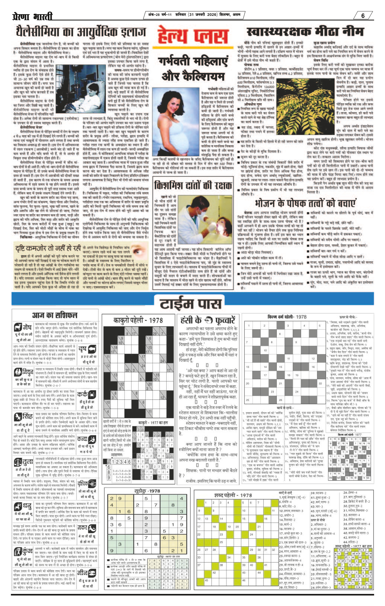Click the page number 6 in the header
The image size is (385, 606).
click(x=363, y=16)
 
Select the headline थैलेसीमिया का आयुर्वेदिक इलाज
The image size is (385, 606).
click(x=81, y=32)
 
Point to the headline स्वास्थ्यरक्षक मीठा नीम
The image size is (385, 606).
click(x=305, y=32)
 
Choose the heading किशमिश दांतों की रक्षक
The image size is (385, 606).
click(x=193, y=185)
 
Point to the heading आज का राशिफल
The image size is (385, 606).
click(x=55, y=315)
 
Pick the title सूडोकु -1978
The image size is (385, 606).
click(x=147, y=491)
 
